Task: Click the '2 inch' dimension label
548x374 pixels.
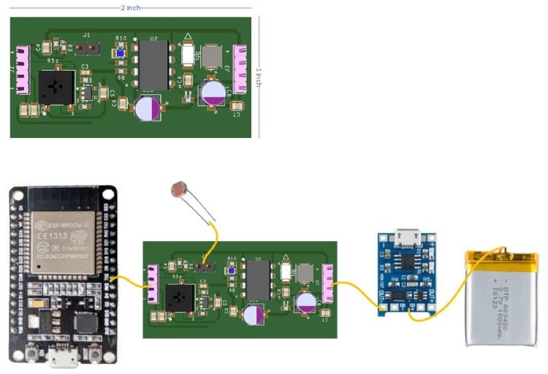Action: coord(132,7)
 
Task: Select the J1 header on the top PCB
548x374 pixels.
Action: coord(88,47)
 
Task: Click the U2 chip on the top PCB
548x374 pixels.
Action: coord(154,64)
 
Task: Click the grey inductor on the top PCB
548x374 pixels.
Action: coord(212,56)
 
